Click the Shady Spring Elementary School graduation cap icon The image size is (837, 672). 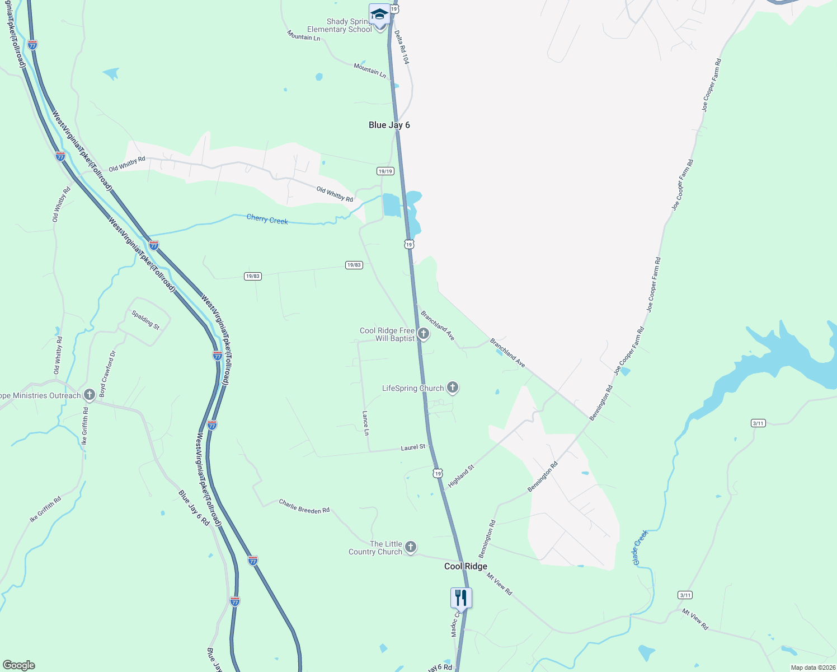[379, 14]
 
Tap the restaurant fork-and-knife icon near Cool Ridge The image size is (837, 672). [461, 598]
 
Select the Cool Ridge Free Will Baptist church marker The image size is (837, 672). [424, 334]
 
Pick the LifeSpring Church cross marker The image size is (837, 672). [453, 388]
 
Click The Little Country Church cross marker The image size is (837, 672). [411, 547]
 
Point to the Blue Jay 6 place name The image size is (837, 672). [389, 125]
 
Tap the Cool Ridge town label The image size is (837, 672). [465, 566]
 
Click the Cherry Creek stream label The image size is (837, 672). [267, 220]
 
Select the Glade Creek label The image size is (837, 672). [639, 547]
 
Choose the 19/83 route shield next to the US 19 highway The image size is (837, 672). [354, 265]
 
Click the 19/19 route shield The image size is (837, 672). [385, 171]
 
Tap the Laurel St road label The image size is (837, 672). [413, 447]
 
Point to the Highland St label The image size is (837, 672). [461, 475]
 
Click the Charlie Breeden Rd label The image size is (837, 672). [304, 507]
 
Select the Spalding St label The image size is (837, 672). [145, 320]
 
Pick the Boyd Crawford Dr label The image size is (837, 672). [107, 374]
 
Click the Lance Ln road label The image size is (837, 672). [365, 423]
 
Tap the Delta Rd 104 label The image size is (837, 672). [402, 47]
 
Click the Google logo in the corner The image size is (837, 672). [18, 665]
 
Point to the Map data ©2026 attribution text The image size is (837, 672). [812, 668]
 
